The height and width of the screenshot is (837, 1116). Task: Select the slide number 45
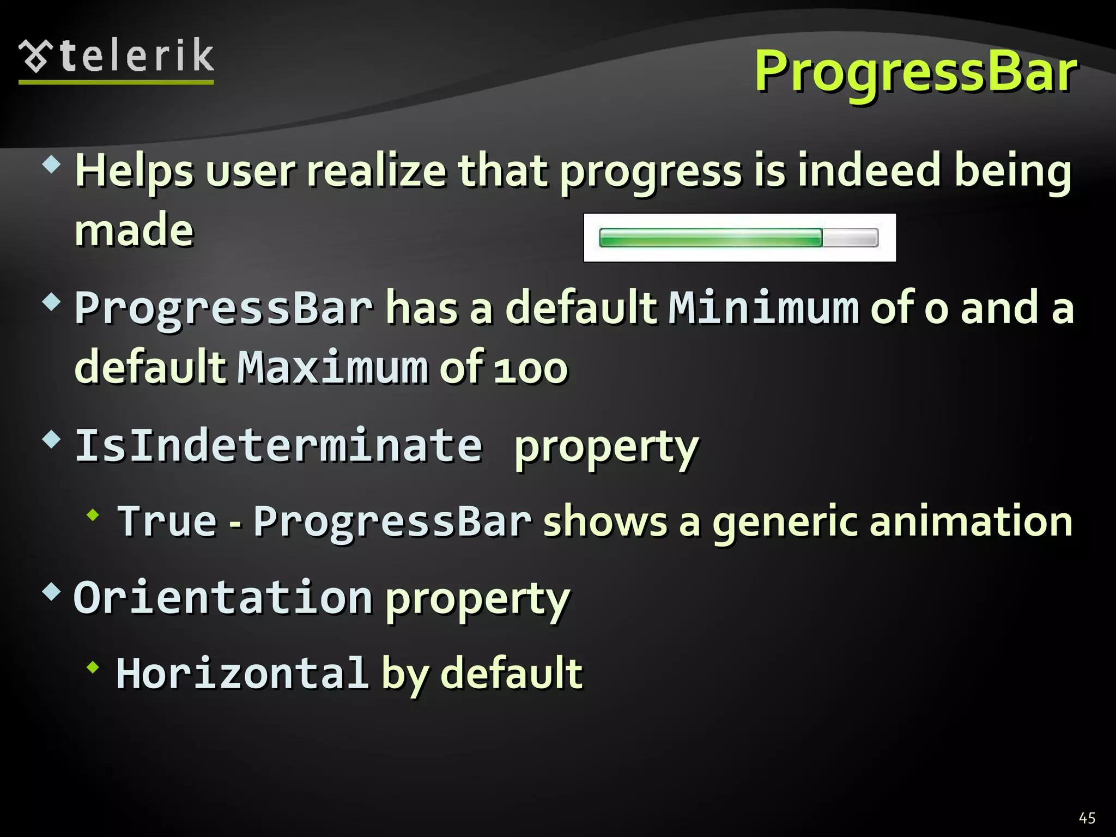coord(1087,818)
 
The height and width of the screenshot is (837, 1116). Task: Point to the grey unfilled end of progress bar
coord(850,238)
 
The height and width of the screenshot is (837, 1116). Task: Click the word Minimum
coord(763,308)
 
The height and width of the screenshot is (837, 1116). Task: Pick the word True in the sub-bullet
coord(168,521)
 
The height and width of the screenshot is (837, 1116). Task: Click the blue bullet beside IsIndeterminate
coord(51,439)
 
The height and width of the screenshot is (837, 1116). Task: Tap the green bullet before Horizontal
coord(93,666)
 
